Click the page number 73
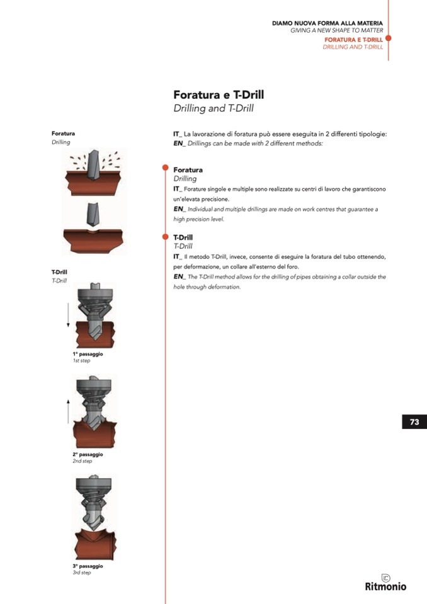[x=414, y=422]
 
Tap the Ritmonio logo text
[x=385, y=586]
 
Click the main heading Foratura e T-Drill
[x=219, y=94]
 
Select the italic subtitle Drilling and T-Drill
[x=214, y=108]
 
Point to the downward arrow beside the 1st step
[x=68, y=315]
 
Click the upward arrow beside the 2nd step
[x=68, y=411]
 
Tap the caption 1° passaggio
[x=88, y=354]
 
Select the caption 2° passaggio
[x=88, y=454]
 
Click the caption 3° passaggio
[x=88, y=566]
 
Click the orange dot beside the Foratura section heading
[x=166, y=168]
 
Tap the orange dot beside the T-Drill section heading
[x=166, y=237]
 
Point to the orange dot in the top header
[x=388, y=38]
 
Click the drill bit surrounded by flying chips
[x=94, y=165]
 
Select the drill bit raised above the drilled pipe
[x=93, y=214]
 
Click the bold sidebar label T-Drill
[x=59, y=272]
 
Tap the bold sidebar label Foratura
[x=63, y=134]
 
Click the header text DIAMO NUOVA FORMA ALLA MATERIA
[x=327, y=23]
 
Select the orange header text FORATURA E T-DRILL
[x=353, y=40]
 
